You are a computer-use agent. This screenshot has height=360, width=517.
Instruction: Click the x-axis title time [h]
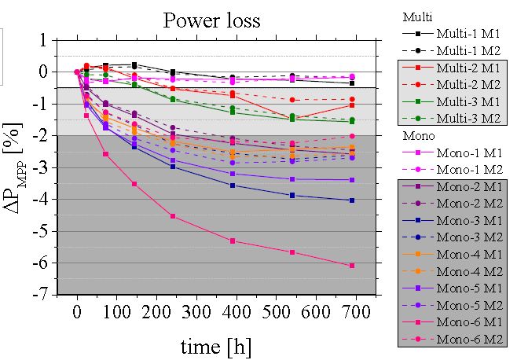(215, 346)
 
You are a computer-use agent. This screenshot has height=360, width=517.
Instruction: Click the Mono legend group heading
(417, 135)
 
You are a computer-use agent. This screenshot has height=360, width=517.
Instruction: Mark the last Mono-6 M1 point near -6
(352, 266)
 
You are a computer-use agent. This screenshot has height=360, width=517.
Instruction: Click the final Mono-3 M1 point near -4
(352, 200)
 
